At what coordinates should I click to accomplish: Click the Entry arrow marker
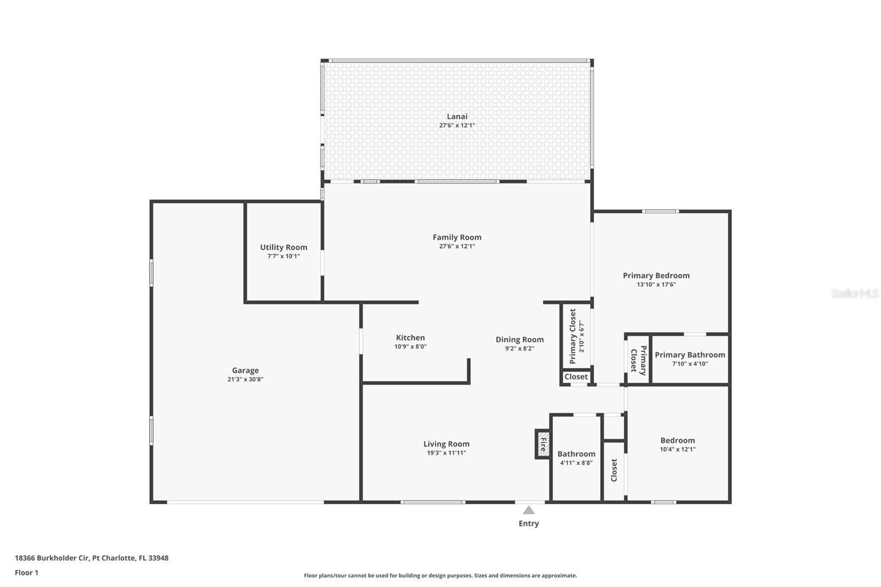(x=529, y=510)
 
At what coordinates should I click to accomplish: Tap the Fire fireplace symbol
(x=543, y=444)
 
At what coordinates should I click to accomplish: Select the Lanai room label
(x=457, y=116)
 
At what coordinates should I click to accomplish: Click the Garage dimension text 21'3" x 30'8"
(x=245, y=379)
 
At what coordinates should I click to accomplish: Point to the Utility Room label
(x=284, y=247)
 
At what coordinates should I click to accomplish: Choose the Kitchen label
(x=410, y=338)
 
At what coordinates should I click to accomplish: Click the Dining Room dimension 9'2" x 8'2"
(x=519, y=348)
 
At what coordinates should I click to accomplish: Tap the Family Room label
(x=457, y=237)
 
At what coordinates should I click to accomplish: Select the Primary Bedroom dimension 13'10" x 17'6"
(x=656, y=285)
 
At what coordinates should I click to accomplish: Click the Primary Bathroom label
(x=689, y=355)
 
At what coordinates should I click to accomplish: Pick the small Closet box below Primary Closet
(x=576, y=377)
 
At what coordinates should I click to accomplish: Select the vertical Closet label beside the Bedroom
(x=614, y=470)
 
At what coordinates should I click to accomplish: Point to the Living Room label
(x=446, y=444)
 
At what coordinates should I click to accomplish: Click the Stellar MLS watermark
(x=855, y=293)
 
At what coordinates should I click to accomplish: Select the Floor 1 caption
(x=26, y=573)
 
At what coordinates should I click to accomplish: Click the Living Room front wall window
(x=433, y=502)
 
